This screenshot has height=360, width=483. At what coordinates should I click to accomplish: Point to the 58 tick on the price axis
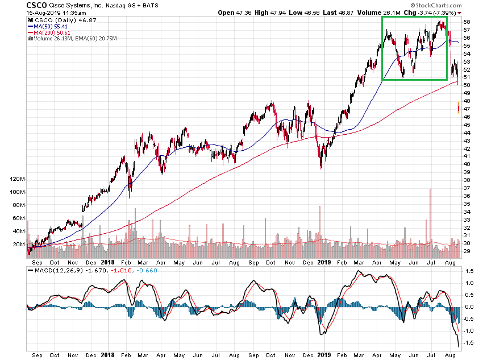tap(466, 22)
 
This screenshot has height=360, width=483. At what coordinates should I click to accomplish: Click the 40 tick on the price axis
tap(466, 164)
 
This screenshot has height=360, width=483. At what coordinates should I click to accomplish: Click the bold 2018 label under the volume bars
tap(107, 263)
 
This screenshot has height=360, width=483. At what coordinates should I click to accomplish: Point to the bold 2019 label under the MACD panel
tap(323, 354)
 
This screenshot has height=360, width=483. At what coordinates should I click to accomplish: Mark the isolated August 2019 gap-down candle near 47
tap(459, 107)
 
